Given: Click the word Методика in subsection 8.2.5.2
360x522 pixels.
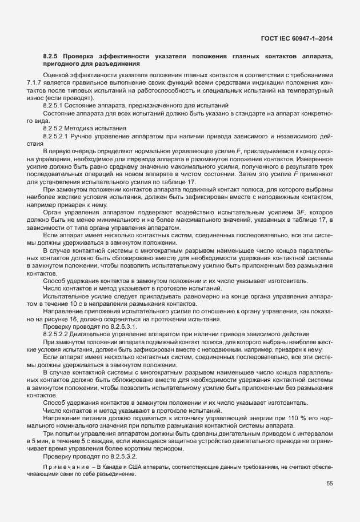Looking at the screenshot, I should pyautogui.click(x=85, y=128).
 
